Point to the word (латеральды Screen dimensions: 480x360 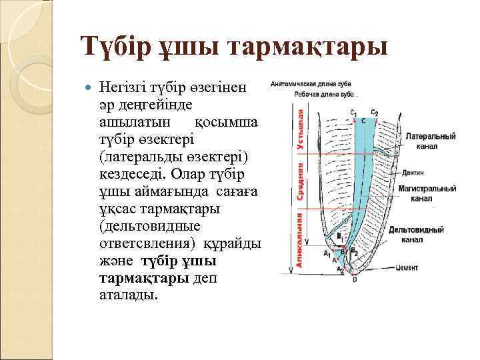point(140,157)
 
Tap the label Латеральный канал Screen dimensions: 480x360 point(430,141)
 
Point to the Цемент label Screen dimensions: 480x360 point(406,268)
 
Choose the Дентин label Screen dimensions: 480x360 point(414,171)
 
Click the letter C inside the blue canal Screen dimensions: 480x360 point(363,121)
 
